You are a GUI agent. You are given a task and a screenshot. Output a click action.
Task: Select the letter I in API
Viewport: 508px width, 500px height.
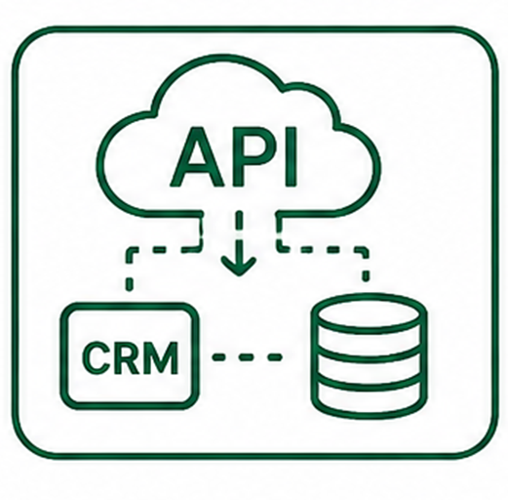point(292,157)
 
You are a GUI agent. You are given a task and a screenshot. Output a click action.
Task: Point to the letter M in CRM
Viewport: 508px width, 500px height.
point(161,357)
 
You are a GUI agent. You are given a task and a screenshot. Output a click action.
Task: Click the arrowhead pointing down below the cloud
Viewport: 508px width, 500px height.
point(239,265)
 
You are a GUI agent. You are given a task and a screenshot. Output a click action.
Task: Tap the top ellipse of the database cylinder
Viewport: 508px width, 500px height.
point(369,312)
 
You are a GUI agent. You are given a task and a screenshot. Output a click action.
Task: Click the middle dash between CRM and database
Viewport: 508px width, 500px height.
point(247,357)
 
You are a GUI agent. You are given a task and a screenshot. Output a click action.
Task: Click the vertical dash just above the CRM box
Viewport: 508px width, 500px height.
point(130,284)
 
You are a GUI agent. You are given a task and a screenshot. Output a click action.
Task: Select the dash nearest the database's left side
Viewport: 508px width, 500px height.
point(273,357)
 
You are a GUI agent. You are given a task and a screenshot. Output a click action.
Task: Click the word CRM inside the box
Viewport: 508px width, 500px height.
point(131,357)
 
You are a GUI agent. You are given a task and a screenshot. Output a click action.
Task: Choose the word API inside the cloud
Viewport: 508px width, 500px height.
point(233,157)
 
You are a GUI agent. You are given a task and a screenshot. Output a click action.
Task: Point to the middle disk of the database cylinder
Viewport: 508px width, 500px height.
point(370,363)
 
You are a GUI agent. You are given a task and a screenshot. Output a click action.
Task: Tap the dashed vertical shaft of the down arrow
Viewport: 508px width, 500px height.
point(239,232)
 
